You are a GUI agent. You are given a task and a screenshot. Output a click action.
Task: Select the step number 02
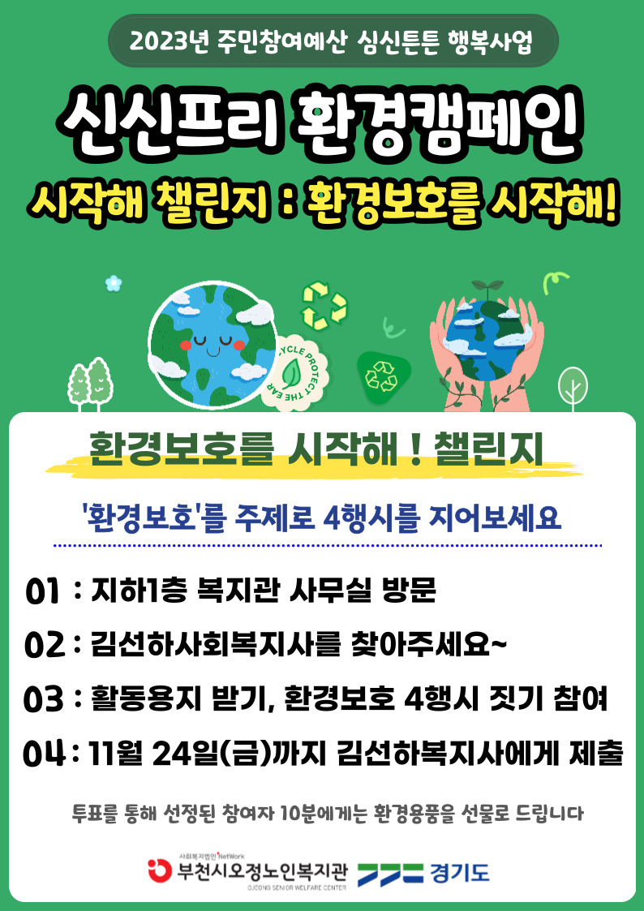44,646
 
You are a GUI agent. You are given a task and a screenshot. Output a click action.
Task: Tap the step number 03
44,699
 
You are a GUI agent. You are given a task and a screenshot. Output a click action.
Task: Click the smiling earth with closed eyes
213,344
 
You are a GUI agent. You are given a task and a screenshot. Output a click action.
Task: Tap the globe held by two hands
488,332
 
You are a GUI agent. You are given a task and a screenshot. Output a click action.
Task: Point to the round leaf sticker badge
298,373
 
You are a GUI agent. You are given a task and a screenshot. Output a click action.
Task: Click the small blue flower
114,283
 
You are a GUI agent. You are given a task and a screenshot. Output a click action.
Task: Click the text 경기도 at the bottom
460,873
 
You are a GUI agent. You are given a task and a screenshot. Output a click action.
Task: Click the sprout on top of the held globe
487,288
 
